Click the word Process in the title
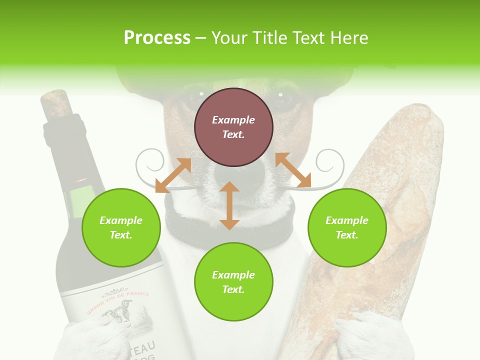pyautogui.click(x=157, y=38)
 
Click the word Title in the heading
pyautogui.click(x=270, y=38)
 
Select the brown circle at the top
pyautogui.click(x=233, y=127)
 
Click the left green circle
pyautogui.click(x=121, y=227)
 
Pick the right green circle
pyautogui.click(x=347, y=227)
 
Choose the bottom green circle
pyautogui.click(x=233, y=282)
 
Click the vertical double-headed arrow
pyautogui.click(x=229, y=205)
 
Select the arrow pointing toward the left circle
pyautogui.click(x=173, y=175)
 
